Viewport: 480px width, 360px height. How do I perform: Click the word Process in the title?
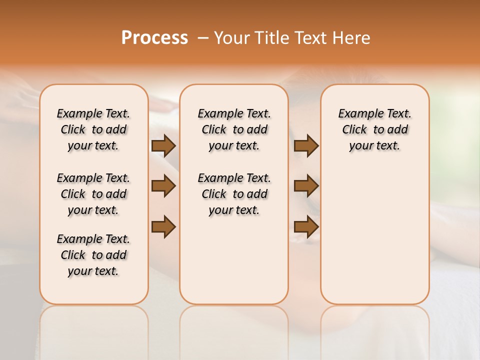click(154, 37)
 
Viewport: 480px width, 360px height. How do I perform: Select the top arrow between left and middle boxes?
click(163, 145)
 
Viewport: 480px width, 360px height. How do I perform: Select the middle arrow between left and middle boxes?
click(163, 186)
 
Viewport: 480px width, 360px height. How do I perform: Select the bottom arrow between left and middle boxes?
click(163, 226)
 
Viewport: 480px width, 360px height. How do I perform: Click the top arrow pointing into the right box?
click(306, 145)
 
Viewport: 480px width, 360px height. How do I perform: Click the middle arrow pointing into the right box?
click(306, 186)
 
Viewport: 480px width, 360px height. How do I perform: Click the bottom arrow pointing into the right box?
click(306, 226)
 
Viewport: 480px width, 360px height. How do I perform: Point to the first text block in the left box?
click(93, 129)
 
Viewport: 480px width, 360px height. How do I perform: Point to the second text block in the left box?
click(93, 194)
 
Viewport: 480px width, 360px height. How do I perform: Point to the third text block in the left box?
click(93, 255)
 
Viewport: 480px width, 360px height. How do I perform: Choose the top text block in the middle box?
click(234, 129)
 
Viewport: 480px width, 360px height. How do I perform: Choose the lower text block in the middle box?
click(234, 194)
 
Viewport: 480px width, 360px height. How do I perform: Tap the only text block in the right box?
click(374, 129)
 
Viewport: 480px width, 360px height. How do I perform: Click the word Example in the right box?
click(356, 114)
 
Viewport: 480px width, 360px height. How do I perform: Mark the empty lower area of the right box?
click(374, 235)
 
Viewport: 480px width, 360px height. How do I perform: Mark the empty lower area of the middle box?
click(234, 260)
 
